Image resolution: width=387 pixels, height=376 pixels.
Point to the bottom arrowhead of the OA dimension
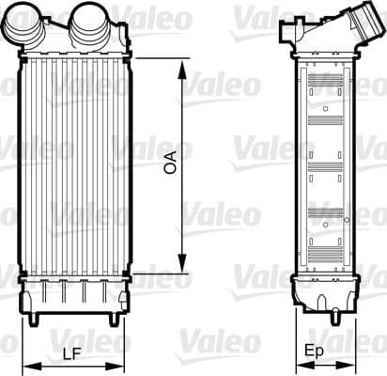pyautogui.click(x=180, y=268)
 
